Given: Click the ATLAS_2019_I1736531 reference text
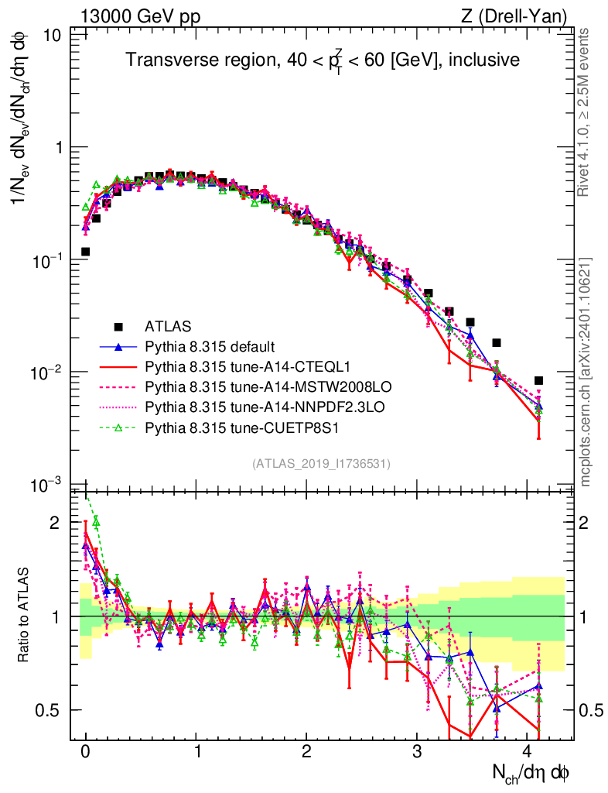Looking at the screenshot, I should (x=321, y=464).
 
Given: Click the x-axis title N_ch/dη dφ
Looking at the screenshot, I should (x=533, y=771).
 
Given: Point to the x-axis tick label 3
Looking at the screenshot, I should (x=418, y=752).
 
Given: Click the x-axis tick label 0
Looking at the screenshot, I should (x=85, y=752).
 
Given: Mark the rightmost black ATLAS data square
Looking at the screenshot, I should (x=538, y=380).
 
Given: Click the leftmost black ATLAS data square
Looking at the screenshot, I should (x=86, y=252).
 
